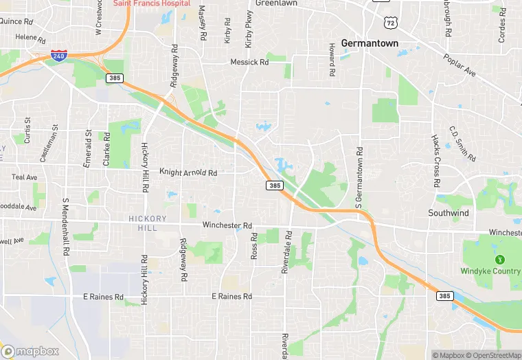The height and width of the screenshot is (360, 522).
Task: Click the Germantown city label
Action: pyautogui.click(x=370, y=43)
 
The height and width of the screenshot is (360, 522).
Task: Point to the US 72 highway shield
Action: pyautogui.click(x=391, y=22)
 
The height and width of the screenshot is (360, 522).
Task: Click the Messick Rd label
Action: pyautogui.click(x=249, y=62)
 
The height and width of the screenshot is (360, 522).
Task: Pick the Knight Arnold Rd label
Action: pyautogui.click(x=188, y=172)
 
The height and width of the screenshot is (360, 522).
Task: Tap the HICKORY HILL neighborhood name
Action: pyautogui.click(x=148, y=223)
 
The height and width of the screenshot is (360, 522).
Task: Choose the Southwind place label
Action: pyautogui.click(x=449, y=213)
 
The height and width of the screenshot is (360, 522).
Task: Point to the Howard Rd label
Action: pyautogui.click(x=331, y=60)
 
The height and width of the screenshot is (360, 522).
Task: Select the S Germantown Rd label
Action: pyautogui.click(x=358, y=177)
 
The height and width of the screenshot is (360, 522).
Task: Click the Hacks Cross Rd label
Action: pyautogui.click(x=435, y=160)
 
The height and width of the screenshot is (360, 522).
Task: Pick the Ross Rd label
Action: pyautogui.click(x=254, y=245)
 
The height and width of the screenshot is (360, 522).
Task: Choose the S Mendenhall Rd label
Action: pyautogui.click(x=67, y=227)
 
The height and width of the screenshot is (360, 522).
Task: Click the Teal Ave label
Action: pyautogui.click(x=25, y=177)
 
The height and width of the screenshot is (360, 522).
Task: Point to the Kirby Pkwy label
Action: pyautogui.click(x=248, y=29)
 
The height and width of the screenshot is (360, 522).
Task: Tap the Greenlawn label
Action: pyautogui.click(x=275, y=3)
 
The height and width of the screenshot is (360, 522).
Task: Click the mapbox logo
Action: pyautogui.click(x=30, y=351)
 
